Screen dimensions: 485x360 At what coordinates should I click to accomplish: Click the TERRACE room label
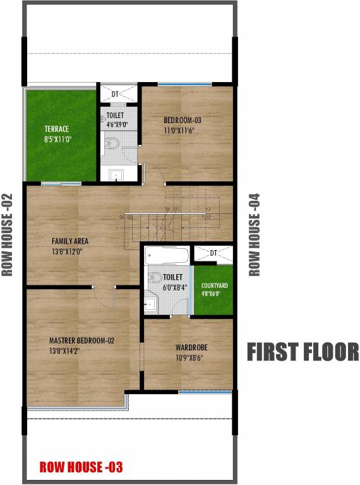(x=56, y=129)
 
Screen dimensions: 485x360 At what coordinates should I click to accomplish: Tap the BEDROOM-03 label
(x=183, y=120)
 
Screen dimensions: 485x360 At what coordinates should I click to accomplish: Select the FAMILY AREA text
(x=69, y=241)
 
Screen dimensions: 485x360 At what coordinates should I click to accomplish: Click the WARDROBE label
(x=191, y=347)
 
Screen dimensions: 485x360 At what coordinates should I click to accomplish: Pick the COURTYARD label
(x=214, y=285)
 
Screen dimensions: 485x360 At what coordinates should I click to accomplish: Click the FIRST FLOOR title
(x=302, y=352)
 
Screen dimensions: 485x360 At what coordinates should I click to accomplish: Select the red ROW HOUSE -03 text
(x=80, y=467)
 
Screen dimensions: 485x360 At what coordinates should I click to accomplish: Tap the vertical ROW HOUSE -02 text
(x=8, y=235)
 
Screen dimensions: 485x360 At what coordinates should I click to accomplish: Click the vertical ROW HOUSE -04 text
(x=255, y=235)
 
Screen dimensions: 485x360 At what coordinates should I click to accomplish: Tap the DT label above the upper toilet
(x=116, y=94)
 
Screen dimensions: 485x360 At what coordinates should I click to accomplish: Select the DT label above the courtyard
(x=213, y=253)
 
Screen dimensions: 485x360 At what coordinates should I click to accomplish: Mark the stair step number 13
(x=207, y=209)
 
